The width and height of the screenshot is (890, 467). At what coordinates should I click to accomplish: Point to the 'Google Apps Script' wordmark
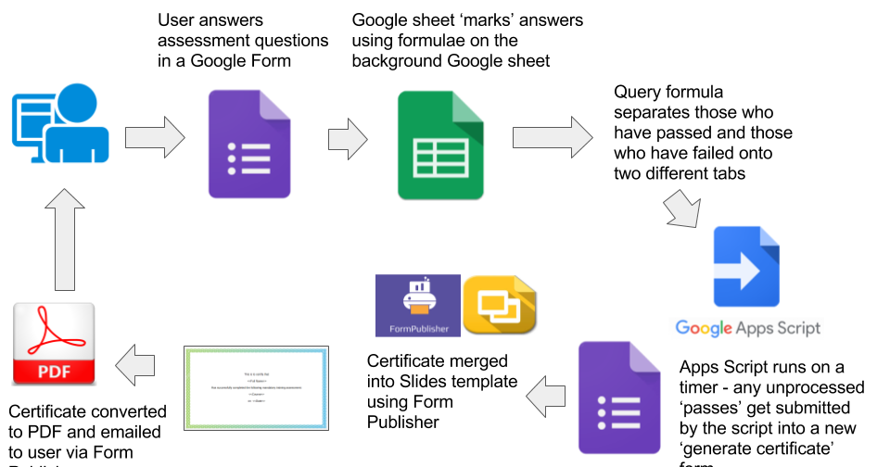point(747,327)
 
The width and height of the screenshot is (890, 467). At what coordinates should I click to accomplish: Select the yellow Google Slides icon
point(500,304)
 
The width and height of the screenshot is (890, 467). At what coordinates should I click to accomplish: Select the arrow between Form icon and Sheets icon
point(348,138)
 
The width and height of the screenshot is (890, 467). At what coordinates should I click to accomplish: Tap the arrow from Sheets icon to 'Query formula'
point(553,137)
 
